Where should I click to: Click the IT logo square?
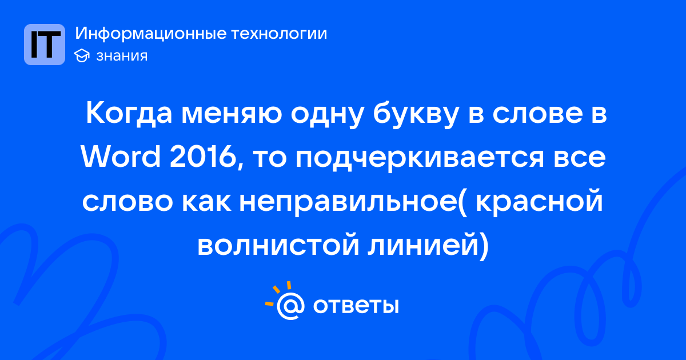(x=45, y=45)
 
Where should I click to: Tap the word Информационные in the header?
(x=150, y=34)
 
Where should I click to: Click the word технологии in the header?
(x=279, y=33)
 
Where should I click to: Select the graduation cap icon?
(x=82, y=56)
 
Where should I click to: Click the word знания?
(x=122, y=56)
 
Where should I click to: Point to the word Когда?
(x=129, y=114)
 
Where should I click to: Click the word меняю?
(x=231, y=114)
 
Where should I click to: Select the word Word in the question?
(x=121, y=157)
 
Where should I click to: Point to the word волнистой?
(x=278, y=246)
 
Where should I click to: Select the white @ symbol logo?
(x=290, y=306)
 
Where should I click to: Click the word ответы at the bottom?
(x=356, y=306)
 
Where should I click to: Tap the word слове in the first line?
(x=537, y=114)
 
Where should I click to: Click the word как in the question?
(x=207, y=203)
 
